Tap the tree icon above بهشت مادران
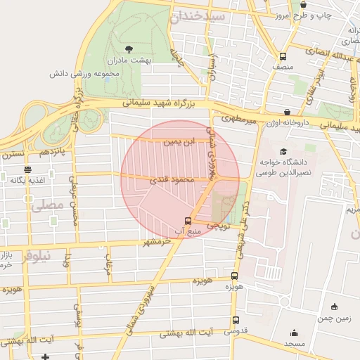[129, 49]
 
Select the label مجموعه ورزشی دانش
[82, 73]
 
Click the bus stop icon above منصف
[283, 57]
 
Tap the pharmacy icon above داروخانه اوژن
[288, 111]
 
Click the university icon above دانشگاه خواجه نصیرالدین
[283, 151]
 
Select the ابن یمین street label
[176, 142]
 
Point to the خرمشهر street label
[157, 243]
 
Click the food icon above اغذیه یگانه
[27, 169]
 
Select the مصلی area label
[48, 205]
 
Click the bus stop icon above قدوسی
[235, 320]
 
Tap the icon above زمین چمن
[334, 307]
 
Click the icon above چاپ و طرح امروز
[303, 4]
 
